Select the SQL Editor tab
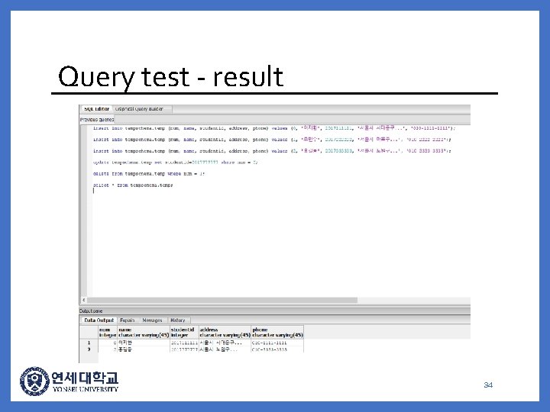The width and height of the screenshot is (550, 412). (96, 109)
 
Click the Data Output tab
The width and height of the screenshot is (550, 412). (99, 320)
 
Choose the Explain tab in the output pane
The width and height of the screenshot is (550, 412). (127, 320)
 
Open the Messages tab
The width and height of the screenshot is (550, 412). (152, 320)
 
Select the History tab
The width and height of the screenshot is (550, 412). (177, 320)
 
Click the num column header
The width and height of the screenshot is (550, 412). (104, 332)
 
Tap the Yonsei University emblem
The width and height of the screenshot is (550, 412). (34, 381)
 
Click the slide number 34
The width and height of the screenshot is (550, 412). (488, 385)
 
